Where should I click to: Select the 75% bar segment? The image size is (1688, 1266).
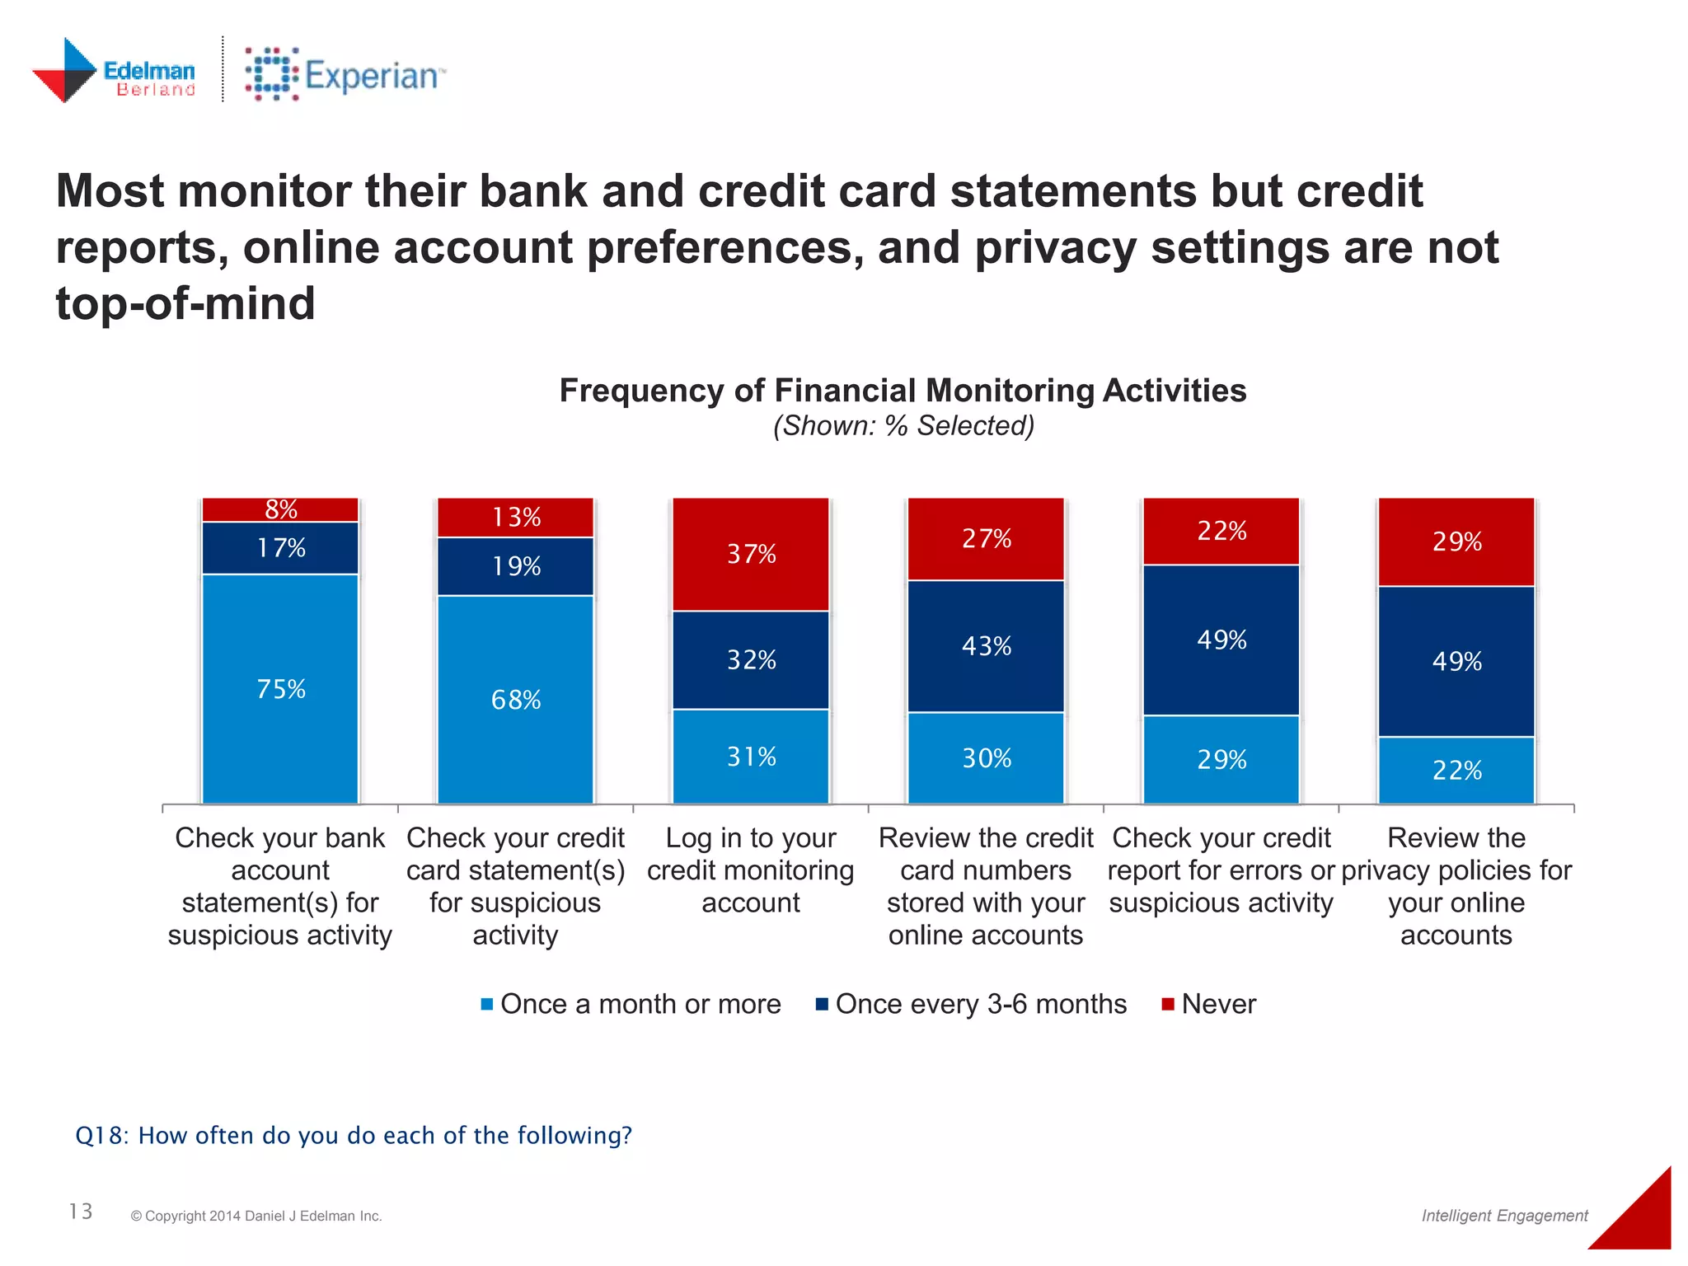tap(280, 688)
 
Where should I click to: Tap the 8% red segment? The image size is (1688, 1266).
tap(280, 509)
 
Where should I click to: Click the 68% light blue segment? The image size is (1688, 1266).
tap(515, 699)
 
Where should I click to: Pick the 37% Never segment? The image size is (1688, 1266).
tap(751, 554)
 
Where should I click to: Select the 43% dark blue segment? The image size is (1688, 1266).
tap(986, 645)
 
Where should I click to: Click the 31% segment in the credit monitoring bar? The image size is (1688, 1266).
tap(751, 756)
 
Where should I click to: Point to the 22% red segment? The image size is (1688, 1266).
tap(1221, 531)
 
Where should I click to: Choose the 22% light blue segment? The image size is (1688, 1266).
tap(1456, 770)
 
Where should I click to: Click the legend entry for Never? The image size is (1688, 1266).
tap(1209, 1004)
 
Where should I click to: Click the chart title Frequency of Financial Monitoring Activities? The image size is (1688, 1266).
tap(903, 390)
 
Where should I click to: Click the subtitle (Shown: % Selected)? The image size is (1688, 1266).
tap(903, 425)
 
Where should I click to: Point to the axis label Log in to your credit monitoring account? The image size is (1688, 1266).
tap(751, 870)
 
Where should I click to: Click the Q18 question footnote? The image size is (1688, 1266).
tap(354, 1135)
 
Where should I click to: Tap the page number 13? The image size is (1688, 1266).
tap(81, 1211)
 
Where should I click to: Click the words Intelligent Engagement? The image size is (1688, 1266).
tap(1504, 1215)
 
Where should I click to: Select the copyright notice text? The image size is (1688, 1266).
tap(256, 1216)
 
